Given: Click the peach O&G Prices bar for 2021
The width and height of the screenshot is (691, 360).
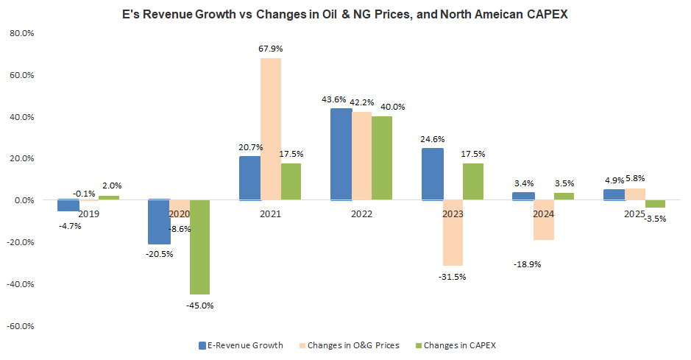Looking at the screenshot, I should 270,129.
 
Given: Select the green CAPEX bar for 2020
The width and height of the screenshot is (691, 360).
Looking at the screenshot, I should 199,247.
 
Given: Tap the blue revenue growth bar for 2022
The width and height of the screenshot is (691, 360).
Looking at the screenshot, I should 341,154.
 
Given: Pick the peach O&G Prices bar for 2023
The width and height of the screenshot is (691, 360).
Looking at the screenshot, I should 452,233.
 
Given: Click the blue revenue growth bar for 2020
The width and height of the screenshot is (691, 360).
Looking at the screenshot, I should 159,222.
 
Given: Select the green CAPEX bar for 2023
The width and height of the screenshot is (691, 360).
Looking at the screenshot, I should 473,181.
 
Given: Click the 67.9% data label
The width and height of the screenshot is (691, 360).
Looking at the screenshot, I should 270,49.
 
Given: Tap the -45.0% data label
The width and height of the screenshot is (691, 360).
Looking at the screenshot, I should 199,305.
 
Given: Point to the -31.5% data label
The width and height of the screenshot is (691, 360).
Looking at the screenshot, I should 452,276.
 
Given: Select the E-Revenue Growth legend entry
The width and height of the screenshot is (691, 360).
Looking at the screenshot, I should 241,345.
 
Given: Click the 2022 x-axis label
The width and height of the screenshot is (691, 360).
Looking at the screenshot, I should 361,214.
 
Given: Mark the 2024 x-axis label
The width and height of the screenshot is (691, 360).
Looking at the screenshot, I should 544,214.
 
